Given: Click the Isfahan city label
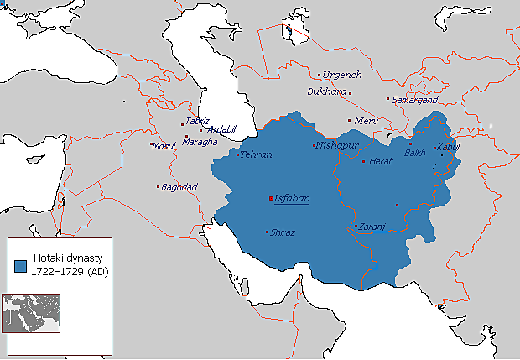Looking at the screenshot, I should pyautogui.click(x=293, y=199).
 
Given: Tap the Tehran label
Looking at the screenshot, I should pyautogui.click(x=256, y=155).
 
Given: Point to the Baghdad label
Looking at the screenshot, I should pyautogui.click(x=179, y=186).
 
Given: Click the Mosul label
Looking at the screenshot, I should pyautogui.click(x=164, y=146).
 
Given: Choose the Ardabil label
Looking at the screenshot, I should pyautogui.click(x=222, y=129).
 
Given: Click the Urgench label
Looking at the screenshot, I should pyautogui.click(x=342, y=75).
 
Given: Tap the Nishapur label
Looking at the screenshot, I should pyautogui.click(x=337, y=145).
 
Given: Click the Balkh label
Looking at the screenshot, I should pyautogui.click(x=415, y=154).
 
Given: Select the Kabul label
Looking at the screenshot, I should pyautogui.click(x=449, y=148).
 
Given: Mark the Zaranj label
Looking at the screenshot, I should pyautogui.click(x=371, y=227).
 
